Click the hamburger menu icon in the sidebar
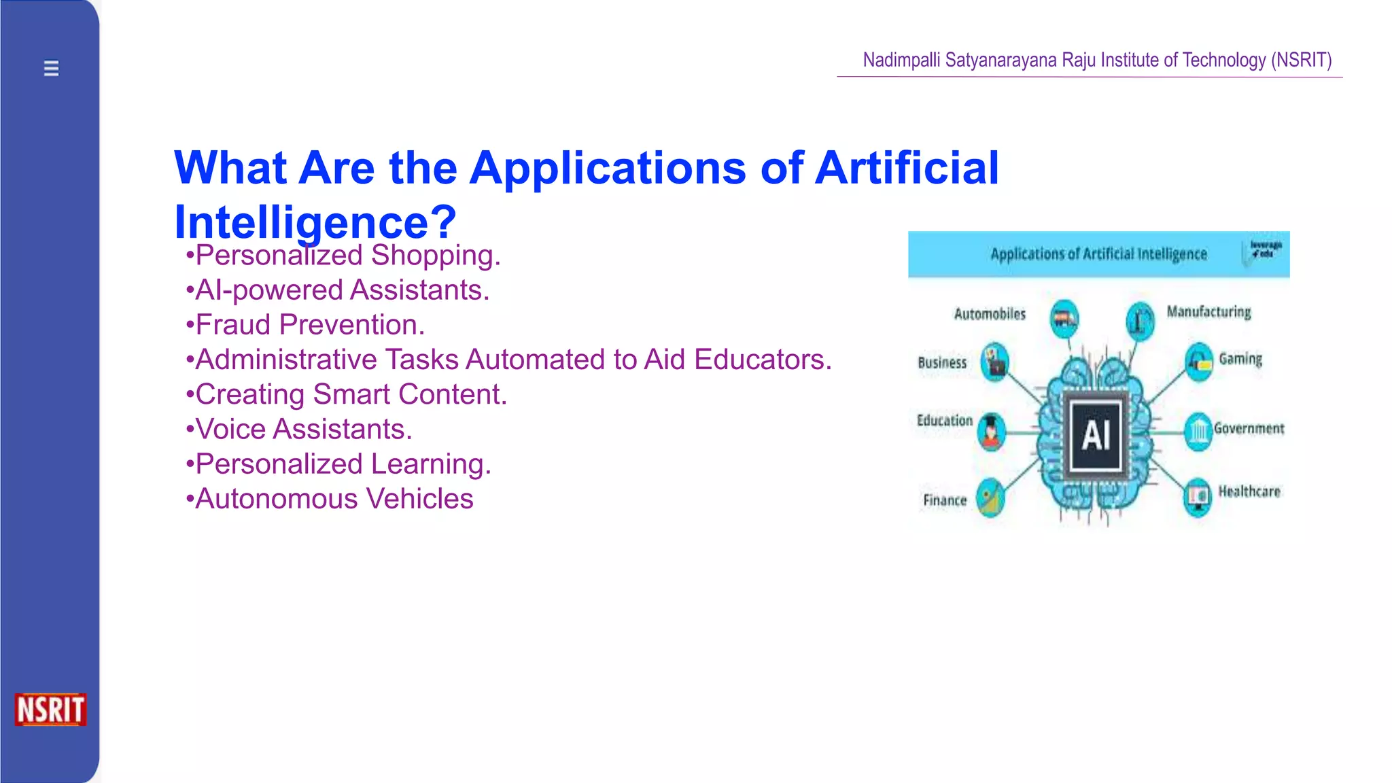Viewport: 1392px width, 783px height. (51, 68)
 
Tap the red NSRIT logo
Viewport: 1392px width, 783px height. (50, 710)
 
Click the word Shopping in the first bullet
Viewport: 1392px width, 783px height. (435, 256)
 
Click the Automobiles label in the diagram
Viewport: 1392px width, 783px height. (990, 314)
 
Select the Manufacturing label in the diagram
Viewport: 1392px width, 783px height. (1208, 312)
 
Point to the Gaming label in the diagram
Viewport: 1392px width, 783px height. (1240, 359)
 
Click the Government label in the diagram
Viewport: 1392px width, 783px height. (1249, 428)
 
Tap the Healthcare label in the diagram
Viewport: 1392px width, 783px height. (1249, 491)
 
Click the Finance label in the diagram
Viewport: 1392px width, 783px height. (944, 500)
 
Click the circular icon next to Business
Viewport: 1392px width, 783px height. (995, 362)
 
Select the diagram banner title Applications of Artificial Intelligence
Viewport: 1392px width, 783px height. (1098, 254)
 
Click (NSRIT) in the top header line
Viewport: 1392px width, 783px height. (1301, 60)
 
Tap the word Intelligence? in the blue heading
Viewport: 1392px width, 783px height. (315, 222)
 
